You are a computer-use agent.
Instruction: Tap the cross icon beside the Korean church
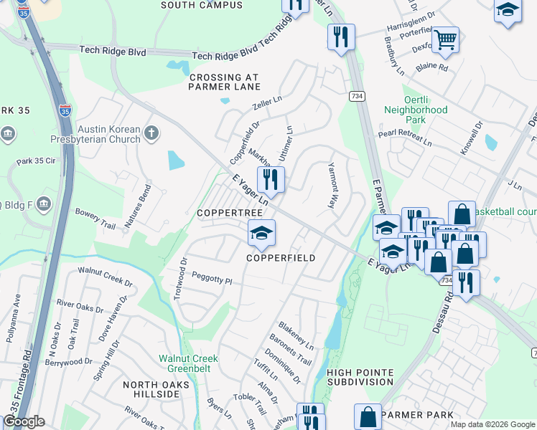(x=151, y=133)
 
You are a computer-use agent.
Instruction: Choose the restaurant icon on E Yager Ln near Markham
(x=271, y=180)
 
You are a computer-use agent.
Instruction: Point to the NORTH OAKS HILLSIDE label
(x=156, y=390)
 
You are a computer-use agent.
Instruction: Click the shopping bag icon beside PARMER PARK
(x=368, y=416)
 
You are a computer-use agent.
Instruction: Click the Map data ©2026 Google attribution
(x=492, y=424)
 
